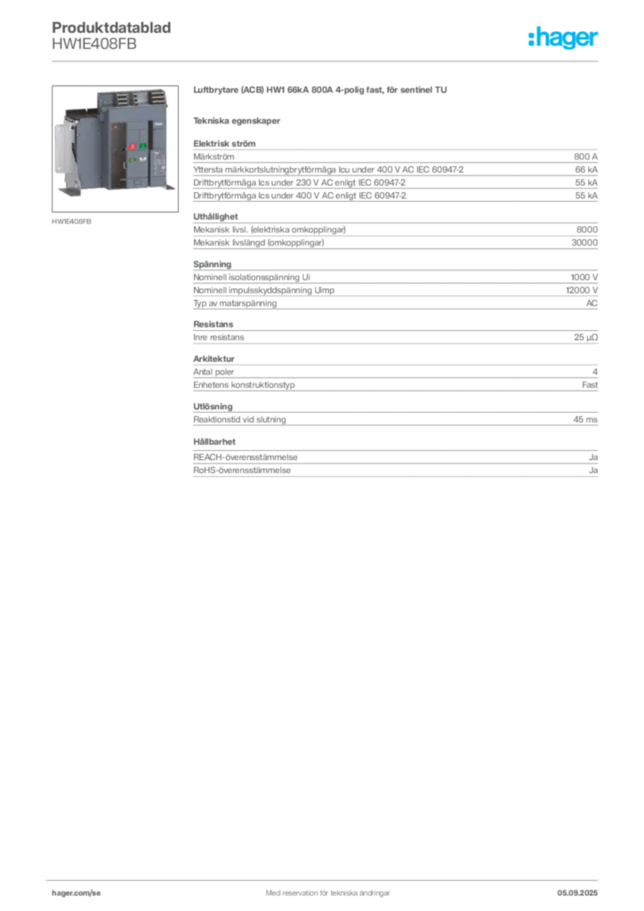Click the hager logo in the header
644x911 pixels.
click(563, 38)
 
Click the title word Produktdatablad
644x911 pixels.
click(111, 28)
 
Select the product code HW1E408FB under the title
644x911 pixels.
click(94, 44)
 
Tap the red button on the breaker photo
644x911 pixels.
click(132, 147)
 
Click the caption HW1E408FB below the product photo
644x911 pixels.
click(71, 222)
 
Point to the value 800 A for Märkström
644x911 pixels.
click(585, 157)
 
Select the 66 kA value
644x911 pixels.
click(586, 170)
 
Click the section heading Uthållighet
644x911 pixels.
click(215, 217)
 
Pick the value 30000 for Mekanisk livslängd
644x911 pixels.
click(584, 243)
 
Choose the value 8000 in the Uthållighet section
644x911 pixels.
click(586, 230)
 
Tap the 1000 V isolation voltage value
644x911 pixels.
click(584, 278)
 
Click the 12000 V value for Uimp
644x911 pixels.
click(582, 290)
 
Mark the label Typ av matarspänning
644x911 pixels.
click(235, 303)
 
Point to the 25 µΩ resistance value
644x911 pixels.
click(585, 337)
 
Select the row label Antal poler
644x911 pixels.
click(213, 372)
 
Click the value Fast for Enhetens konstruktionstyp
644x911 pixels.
click(590, 384)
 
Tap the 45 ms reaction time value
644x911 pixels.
click(585, 420)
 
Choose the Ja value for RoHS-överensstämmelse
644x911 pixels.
click(593, 471)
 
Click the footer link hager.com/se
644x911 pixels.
click(76, 893)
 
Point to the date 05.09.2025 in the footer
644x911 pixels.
click(577, 893)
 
